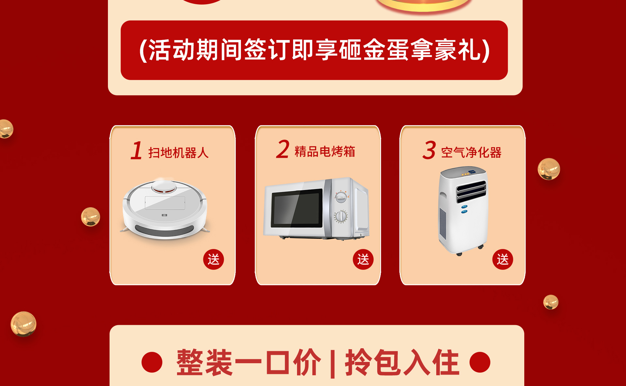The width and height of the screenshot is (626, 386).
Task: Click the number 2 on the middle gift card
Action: tap(283, 149)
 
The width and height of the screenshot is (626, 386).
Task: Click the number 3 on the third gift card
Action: tap(429, 150)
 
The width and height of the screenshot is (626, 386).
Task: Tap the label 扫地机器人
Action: tap(178, 153)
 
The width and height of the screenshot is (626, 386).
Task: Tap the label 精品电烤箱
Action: tap(325, 152)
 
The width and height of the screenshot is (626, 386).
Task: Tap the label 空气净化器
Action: tap(471, 152)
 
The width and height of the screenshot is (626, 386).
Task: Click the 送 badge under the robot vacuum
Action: tap(214, 259)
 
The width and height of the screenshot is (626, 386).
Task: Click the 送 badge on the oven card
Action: tap(363, 259)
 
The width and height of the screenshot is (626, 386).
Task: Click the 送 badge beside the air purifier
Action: tap(502, 259)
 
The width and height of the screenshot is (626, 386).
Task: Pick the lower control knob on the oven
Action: tap(341, 216)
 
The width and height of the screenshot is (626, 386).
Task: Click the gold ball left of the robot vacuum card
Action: tap(90, 217)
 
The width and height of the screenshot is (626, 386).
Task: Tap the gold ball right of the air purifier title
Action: tap(549, 169)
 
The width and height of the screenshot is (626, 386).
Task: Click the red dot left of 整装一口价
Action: tap(152, 362)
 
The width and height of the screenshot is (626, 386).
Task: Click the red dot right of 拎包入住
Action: tap(480, 362)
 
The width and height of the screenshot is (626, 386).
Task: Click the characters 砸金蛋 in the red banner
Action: tap(374, 50)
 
